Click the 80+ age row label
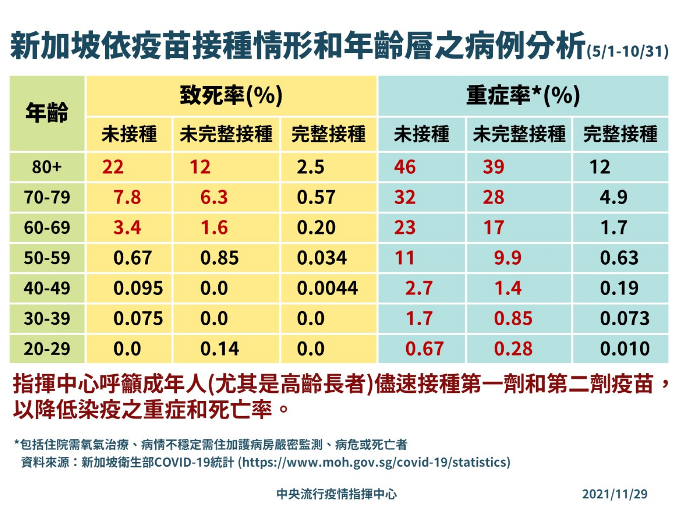click(x=47, y=167)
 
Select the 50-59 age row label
click(x=47, y=258)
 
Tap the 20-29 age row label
click(x=47, y=349)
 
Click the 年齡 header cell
click(x=47, y=113)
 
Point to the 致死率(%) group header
click(x=231, y=95)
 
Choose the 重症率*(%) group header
click(x=523, y=95)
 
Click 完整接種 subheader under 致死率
click(x=328, y=134)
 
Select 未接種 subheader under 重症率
click(x=421, y=134)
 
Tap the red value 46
click(x=405, y=167)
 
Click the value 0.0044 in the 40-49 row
click(x=327, y=289)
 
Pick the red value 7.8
click(x=127, y=198)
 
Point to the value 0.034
click(x=322, y=258)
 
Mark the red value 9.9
click(x=507, y=258)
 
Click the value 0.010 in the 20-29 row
click(x=625, y=349)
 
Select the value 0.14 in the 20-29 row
click(x=220, y=349)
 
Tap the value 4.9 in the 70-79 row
click(x=614, y=198)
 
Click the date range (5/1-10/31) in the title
click(x=627, y=52)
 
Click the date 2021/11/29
click(x=614, y=494)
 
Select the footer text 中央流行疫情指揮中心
click(x=336, y=494)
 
